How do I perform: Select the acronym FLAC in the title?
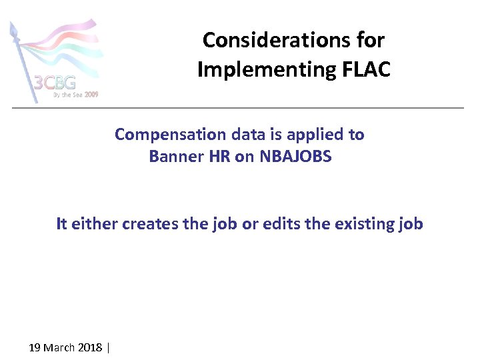pyautogui.click(x=369, y=69)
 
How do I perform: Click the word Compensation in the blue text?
pyautogui.click(x=171, y=135)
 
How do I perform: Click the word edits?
pyautogui.click(x=281, y=224)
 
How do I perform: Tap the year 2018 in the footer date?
pyautogui.click(x=90, y=348)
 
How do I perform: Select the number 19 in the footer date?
pyautogui.click(x=35, y=348)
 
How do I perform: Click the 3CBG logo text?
pyautogui.click(x=55, y=83)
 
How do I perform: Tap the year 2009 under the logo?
pyautogui.click(x=91, y=95)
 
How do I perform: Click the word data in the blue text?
pyautogui.click(x=249, y=135)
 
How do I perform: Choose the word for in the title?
pyautogui.click(x=370, y=40)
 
